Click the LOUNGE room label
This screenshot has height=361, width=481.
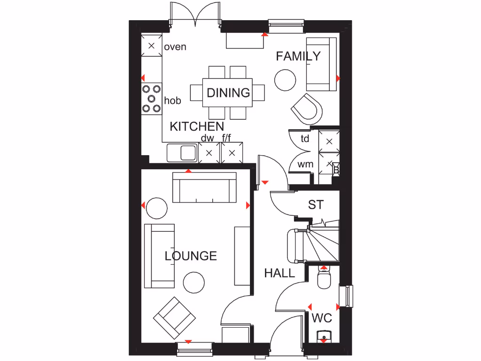click(x=191, y=256)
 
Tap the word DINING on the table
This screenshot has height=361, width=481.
click(x=228, y=93)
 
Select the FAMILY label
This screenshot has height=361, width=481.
click(x=298, y=56)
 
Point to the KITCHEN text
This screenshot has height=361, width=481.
click(x=197, y=126)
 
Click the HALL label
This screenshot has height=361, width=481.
click(x=279, y=273)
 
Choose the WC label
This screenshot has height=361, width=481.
click(x=322, y=318)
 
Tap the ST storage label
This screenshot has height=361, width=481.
click(x=316, y=205)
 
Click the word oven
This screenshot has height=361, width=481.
click(x=175, y=47)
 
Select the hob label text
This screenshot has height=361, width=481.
click(x=172, y=100)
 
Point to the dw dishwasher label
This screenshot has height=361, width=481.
click(x=207, y=138)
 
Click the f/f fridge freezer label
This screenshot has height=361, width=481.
click(x=226, y=138)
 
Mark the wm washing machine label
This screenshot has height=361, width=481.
click(x=305, y=165)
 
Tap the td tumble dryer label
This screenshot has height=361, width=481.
click(x=305, y=139)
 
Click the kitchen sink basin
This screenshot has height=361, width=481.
click(x=188, y=152)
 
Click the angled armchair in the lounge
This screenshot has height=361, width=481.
click(x=174, y=318)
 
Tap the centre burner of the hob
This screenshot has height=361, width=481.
click(x=152, y=98)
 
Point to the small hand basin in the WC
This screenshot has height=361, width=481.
click(x=324, y=336)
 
